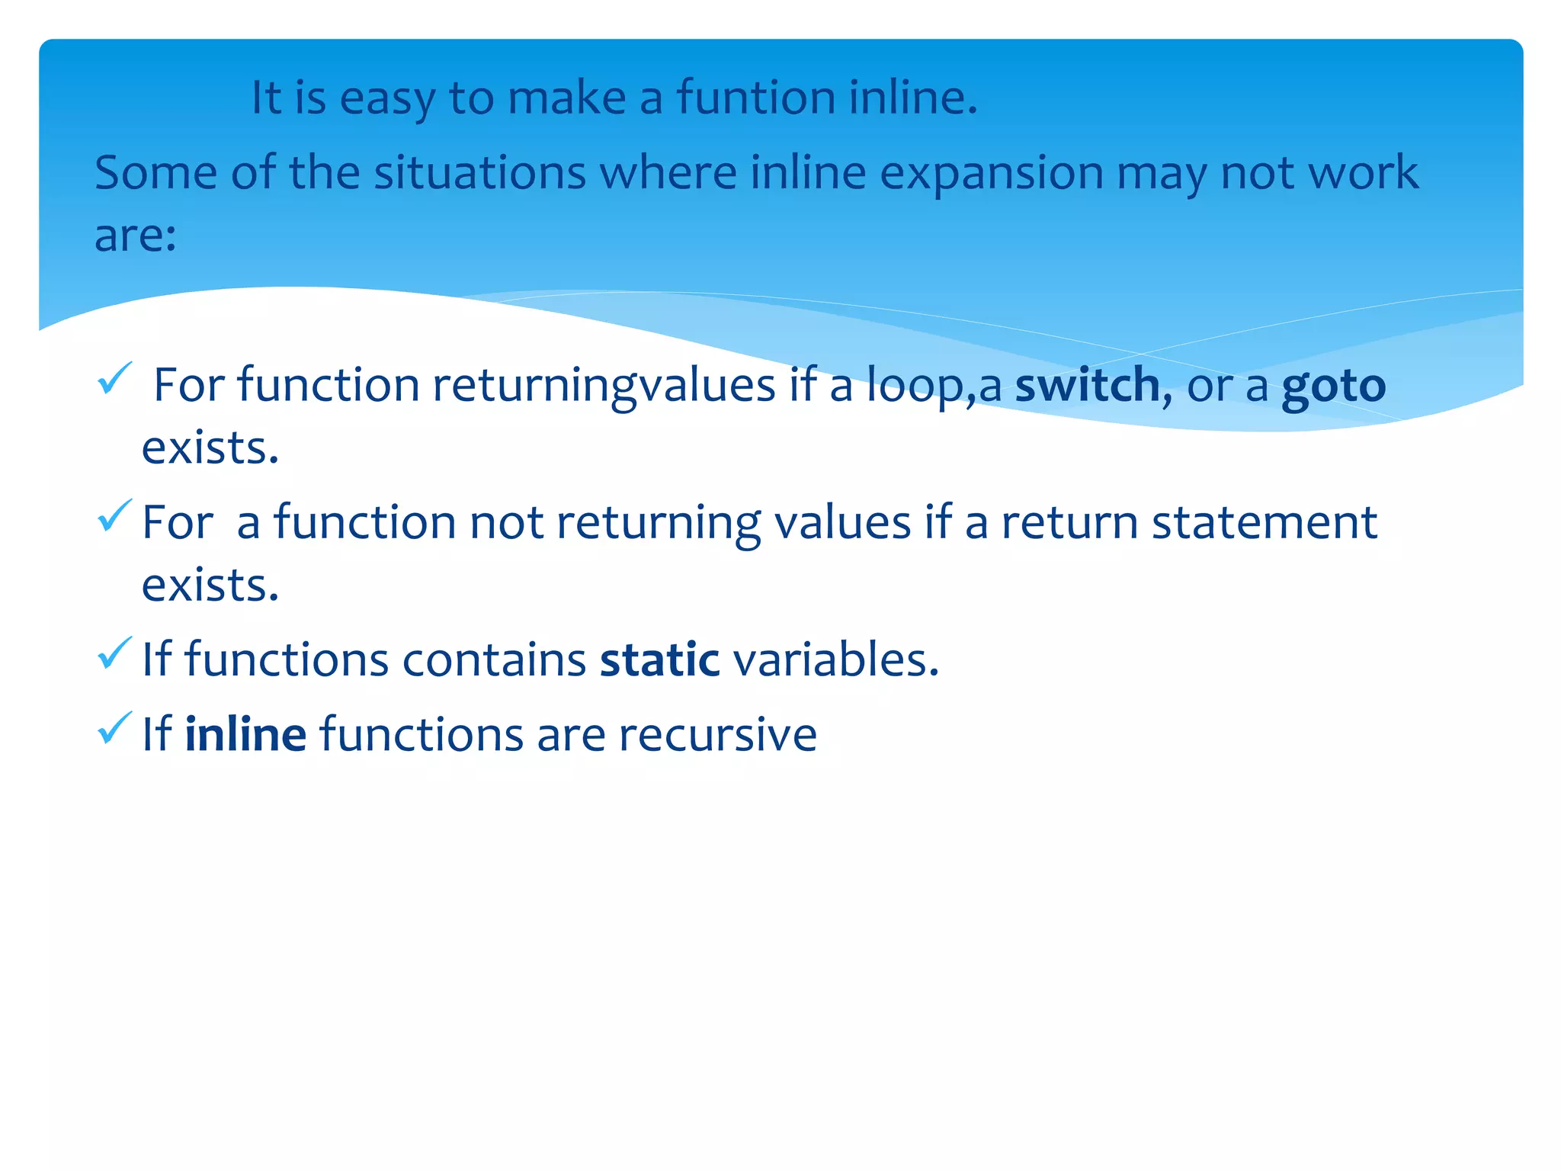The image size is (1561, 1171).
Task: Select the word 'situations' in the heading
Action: (479, 173)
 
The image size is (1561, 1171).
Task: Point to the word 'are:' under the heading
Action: (136, 235)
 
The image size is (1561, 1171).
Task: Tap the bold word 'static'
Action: (659, 659)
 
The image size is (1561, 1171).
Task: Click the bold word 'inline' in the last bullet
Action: (245, 734)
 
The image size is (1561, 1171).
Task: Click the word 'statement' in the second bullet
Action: (1264, 523)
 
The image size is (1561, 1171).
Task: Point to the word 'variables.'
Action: (835, 659)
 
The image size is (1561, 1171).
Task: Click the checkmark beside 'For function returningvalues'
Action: (115, 379)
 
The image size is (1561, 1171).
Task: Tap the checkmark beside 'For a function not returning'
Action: (115, 516)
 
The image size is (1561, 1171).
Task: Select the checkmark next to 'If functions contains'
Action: (115, 653)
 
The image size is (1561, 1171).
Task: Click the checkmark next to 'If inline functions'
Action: (115, 728)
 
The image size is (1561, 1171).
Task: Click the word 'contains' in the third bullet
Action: (494, 659)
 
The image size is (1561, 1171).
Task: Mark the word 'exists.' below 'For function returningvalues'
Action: (210, 448)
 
